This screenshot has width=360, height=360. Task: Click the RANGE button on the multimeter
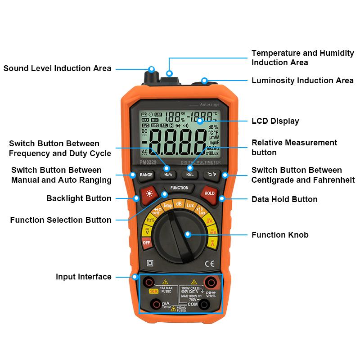[146, 175]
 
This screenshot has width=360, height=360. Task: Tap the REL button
[190, 175]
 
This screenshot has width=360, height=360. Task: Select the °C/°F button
[211, 175]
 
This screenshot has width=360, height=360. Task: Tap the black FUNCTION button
[180, 188]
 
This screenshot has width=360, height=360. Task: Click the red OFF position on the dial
[146, 243]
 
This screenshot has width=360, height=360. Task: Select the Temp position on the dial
[167, 206]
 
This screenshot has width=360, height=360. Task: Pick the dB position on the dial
[179, 203]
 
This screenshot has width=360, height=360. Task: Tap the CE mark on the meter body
[209, 264]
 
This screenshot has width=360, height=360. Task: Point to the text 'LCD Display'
[275, 121]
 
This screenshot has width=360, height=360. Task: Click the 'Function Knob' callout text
[280, 235]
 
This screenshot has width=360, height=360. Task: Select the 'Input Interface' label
[83, 277]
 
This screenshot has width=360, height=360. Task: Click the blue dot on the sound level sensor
[152, 69]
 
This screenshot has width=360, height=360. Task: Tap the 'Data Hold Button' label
[284, 199]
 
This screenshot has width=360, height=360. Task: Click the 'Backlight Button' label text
[79, 198]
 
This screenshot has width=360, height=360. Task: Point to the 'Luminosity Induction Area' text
[302, 81]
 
